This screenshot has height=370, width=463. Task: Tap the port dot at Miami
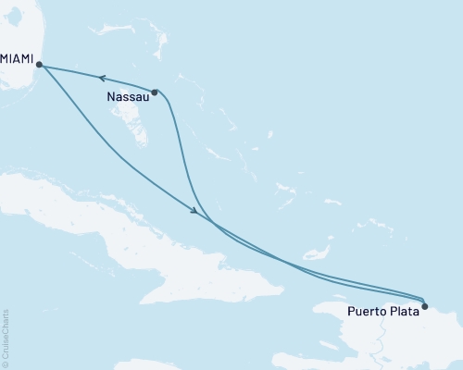(38, 64)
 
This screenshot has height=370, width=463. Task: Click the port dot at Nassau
(155, 92)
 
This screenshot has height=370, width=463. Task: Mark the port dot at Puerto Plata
(424, 305)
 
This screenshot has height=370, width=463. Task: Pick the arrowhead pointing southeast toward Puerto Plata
(194, 212)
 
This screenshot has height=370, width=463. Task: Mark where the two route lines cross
(212, 223)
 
